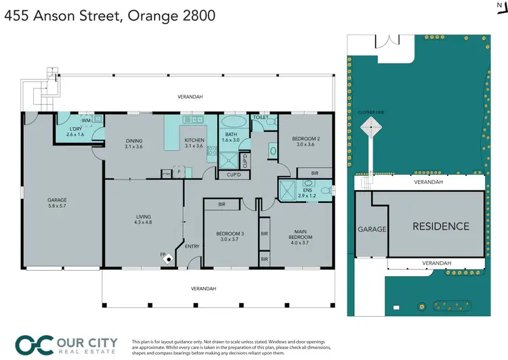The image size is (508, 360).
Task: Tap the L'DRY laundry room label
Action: (x=75, y=131)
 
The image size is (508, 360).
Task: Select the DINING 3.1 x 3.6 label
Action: (x=133, y=143)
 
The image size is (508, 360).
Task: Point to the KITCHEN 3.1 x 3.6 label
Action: (x=194, y=143)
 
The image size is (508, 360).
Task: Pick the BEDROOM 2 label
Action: (x=305, y=141)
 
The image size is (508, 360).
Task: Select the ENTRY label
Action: (x=192, y=246)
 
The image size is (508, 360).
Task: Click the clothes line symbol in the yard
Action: (x=371, y=127)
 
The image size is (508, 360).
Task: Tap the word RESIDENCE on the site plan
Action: (x=440, y=227)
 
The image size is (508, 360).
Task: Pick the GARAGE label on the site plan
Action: (x=371, y=229)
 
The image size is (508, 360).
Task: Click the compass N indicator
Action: (x=499, y=5)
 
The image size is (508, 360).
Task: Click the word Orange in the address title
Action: (x=158, y=14)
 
